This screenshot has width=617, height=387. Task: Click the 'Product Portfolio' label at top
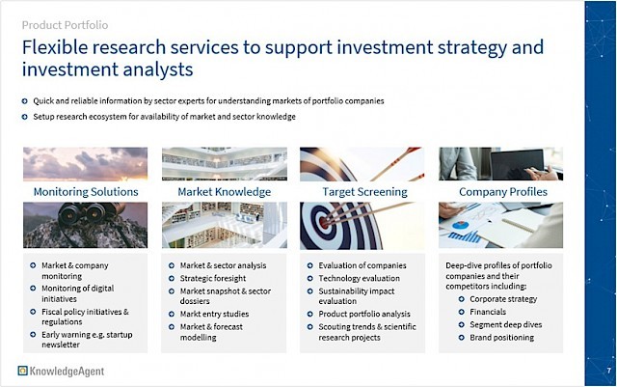[65, 25]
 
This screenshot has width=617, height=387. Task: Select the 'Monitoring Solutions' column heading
[86, 192]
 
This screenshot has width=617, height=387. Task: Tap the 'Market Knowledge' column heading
[225, 192]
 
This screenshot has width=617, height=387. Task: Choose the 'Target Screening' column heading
[364, 192]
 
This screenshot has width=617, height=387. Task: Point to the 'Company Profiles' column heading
[503, 192]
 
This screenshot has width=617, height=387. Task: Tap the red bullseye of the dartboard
[324, 223]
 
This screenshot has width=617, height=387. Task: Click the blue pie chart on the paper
[461, 225]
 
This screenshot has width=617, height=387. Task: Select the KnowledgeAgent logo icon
[23, 371]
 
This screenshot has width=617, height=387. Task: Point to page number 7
[608, 371]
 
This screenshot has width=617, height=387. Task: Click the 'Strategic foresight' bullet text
[213, 278]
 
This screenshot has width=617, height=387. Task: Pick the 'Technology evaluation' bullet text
[359, 278]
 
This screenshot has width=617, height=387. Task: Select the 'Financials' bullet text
[488, 312]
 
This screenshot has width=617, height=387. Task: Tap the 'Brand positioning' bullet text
[501, 338]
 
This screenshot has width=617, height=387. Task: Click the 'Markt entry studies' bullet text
[214, 314]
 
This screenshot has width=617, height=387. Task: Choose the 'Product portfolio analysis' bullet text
[364, 314]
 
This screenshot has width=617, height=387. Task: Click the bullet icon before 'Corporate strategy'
[461, 299]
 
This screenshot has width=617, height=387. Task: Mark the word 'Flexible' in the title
[55, 47]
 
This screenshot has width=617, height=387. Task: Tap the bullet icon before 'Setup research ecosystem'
[25, 117]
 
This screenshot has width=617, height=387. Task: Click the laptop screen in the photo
[517, 162]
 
